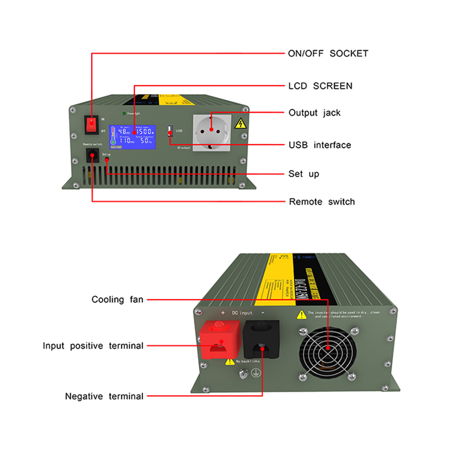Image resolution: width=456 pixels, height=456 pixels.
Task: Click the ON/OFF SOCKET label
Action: click(328, 54)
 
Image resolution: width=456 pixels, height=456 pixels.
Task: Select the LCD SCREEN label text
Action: click(320, 86)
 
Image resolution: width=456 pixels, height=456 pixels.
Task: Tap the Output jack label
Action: click(314, 113)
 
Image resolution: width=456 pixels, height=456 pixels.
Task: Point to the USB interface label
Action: click(319, 145)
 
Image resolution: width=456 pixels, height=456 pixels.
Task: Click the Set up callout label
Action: click(304, 174)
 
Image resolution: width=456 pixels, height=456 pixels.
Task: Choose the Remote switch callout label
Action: click(321, 202)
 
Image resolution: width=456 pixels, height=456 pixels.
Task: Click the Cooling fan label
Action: click(117, 299)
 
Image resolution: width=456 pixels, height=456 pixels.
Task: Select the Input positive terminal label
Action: click(93, 346)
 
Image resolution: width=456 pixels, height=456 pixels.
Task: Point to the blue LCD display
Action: click(133, 137)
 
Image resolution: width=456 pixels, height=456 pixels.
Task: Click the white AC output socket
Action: click(211, 132)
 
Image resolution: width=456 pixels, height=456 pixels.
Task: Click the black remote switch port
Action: click(92, 156)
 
